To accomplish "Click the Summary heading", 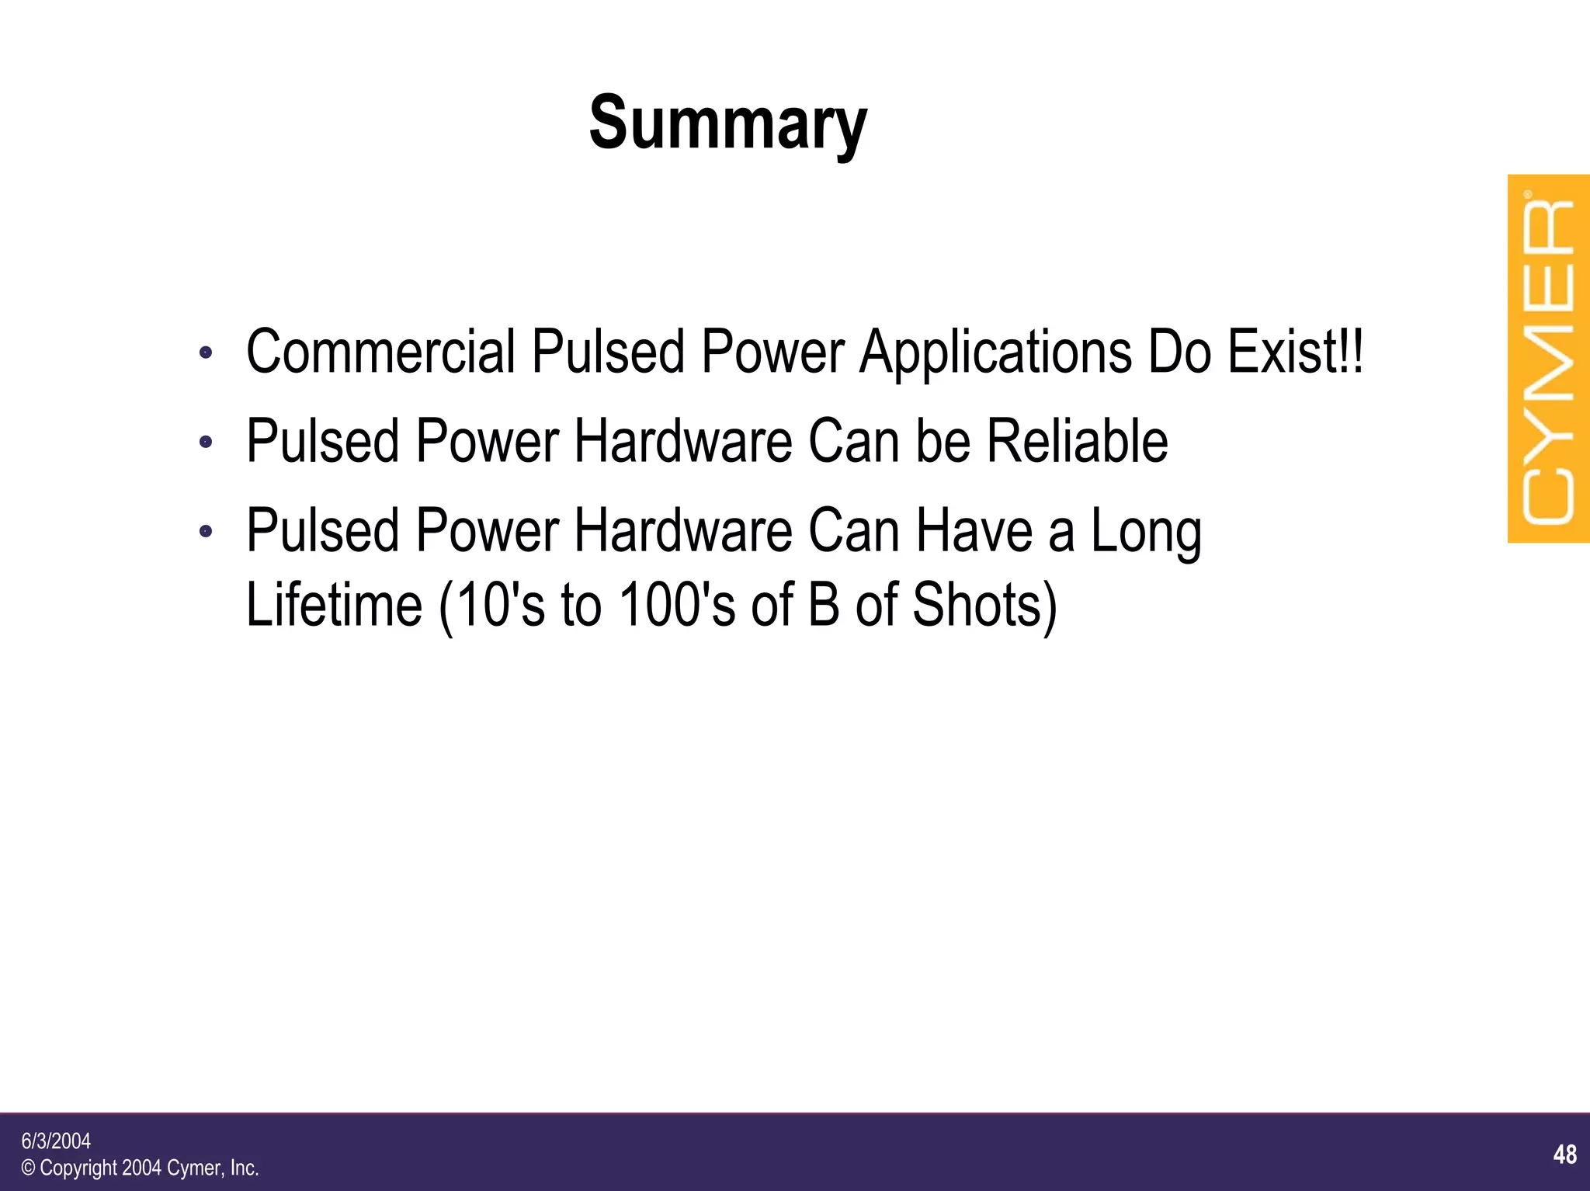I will (727, 124).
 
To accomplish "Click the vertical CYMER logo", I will (1548, 359).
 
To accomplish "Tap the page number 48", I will (1565, 1155).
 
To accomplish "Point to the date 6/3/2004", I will (56, 1141).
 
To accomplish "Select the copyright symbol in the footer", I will (29, 1168).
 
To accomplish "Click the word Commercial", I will (380, 352).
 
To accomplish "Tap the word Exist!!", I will (1294, 352).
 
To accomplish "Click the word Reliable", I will (1077, 441).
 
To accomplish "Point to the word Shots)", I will (984, 605).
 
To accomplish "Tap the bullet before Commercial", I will (206, 353).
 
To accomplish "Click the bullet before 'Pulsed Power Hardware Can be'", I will (206, 443).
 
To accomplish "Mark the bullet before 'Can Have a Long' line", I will (206, 532).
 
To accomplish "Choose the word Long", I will (1146, 532).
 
